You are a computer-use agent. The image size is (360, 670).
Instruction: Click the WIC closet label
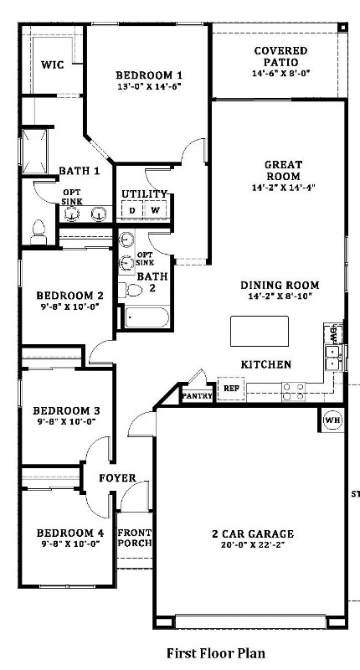[53, 64]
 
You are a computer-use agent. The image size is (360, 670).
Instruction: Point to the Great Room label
[283, 171]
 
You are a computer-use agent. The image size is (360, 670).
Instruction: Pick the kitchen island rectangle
[260, 331]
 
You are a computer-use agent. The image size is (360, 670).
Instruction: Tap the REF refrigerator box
[230, 389]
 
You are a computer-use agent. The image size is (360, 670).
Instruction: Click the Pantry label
[197, 394]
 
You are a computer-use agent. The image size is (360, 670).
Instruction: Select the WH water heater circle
[332, 420]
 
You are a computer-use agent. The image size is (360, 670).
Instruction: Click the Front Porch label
[135, 537]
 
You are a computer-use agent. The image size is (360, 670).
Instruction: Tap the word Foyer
[117, 478]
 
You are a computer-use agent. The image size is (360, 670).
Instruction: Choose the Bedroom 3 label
[66, 410]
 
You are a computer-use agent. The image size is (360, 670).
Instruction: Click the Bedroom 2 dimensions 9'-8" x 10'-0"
[69, 307]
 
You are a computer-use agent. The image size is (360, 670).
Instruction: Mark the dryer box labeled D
[131, 210]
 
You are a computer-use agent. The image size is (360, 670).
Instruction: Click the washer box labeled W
[155, 210]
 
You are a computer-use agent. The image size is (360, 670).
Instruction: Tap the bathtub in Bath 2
[147, 318]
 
